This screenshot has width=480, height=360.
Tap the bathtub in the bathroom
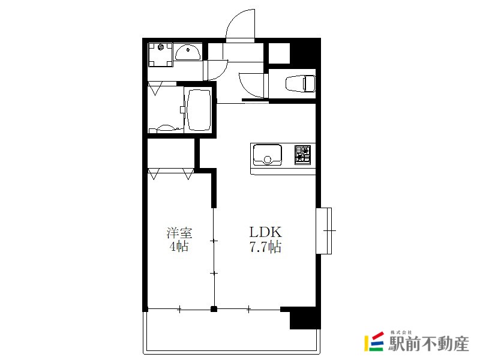pyautogui.click(x=199, y=110)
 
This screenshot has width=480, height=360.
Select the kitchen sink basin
pyautogui.click(x=268, y=155)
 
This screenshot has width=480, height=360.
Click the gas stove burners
pyautogui.click(x=303, y=155)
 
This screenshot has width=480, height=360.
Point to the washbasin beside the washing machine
pyautogui.click(x=188, y=52)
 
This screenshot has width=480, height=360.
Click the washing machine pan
pyautogui.click(x=160, y=55)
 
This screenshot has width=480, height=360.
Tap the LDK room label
pyautogui.click(x=265, y=232)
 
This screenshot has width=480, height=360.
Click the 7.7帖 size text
pyautogui.click(x=265, y=247)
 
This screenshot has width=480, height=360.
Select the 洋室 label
pyautogui.click(x=179, y=233)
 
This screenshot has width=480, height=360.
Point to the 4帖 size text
pyautogui.click(x=179, y=247)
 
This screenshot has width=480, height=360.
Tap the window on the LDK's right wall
pyautogui.click(x=324, y=231)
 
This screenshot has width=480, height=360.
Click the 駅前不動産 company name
pyautogui.click(x=428, y=343)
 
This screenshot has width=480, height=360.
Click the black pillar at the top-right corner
pyautogui.click(x=305, y=53)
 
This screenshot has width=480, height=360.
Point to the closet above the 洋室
pyautogui.click(x=171, y=154)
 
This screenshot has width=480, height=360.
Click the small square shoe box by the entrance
pyautogui.click(x=279, y=53)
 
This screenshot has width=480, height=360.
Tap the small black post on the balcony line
pyautogui.click(x=214, y=309)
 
